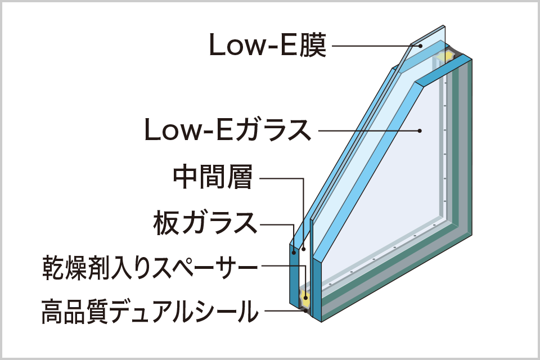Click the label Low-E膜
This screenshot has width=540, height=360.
pos(267,46)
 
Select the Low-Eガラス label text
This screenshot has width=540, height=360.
pos(227,130)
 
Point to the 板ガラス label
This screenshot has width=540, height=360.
pos(205,223)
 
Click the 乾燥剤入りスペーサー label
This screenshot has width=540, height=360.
pos(149,268)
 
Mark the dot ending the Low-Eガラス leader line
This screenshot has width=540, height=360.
pos(420,130)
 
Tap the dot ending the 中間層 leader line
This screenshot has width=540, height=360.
pos(303,248)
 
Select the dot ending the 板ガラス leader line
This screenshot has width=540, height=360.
pos(295,251)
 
